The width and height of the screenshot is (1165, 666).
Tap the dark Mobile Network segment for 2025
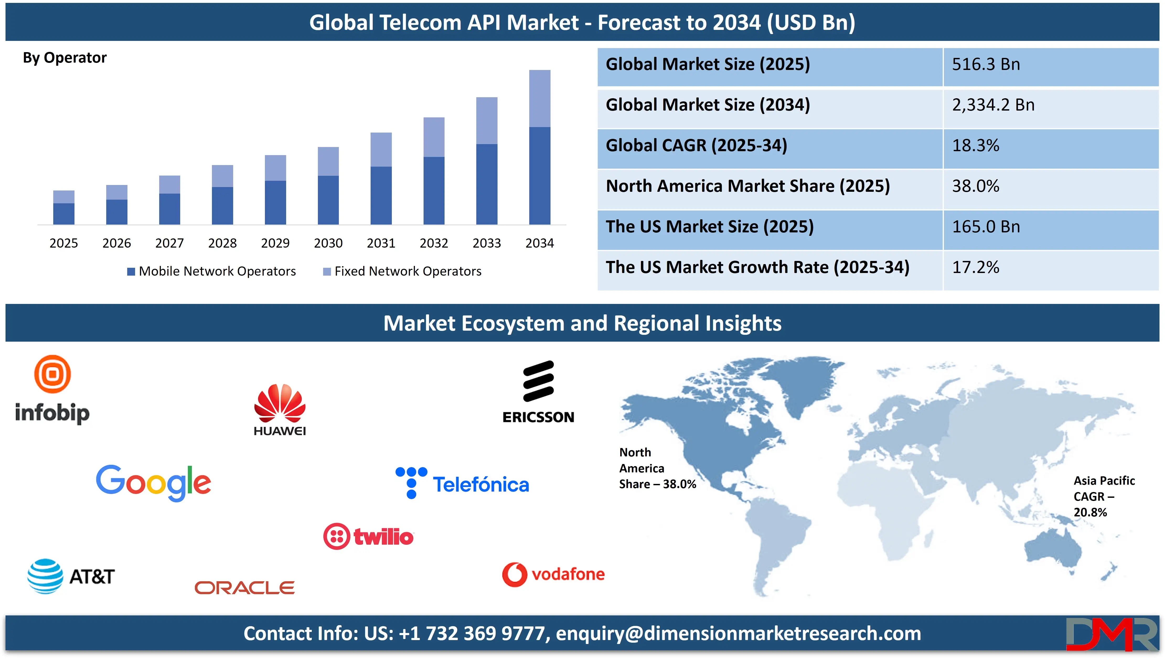(x=64, y=214)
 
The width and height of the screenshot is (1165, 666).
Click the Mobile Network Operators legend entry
(x=211, y=271)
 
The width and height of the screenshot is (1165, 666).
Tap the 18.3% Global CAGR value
(x=975, y=145)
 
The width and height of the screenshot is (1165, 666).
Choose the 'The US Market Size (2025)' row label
(x=709, y=227)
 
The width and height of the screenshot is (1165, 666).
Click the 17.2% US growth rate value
(x=975, y=268)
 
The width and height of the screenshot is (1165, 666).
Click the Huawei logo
(x=280, y=410)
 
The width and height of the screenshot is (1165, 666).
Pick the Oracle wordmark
(x=244, y=588)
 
